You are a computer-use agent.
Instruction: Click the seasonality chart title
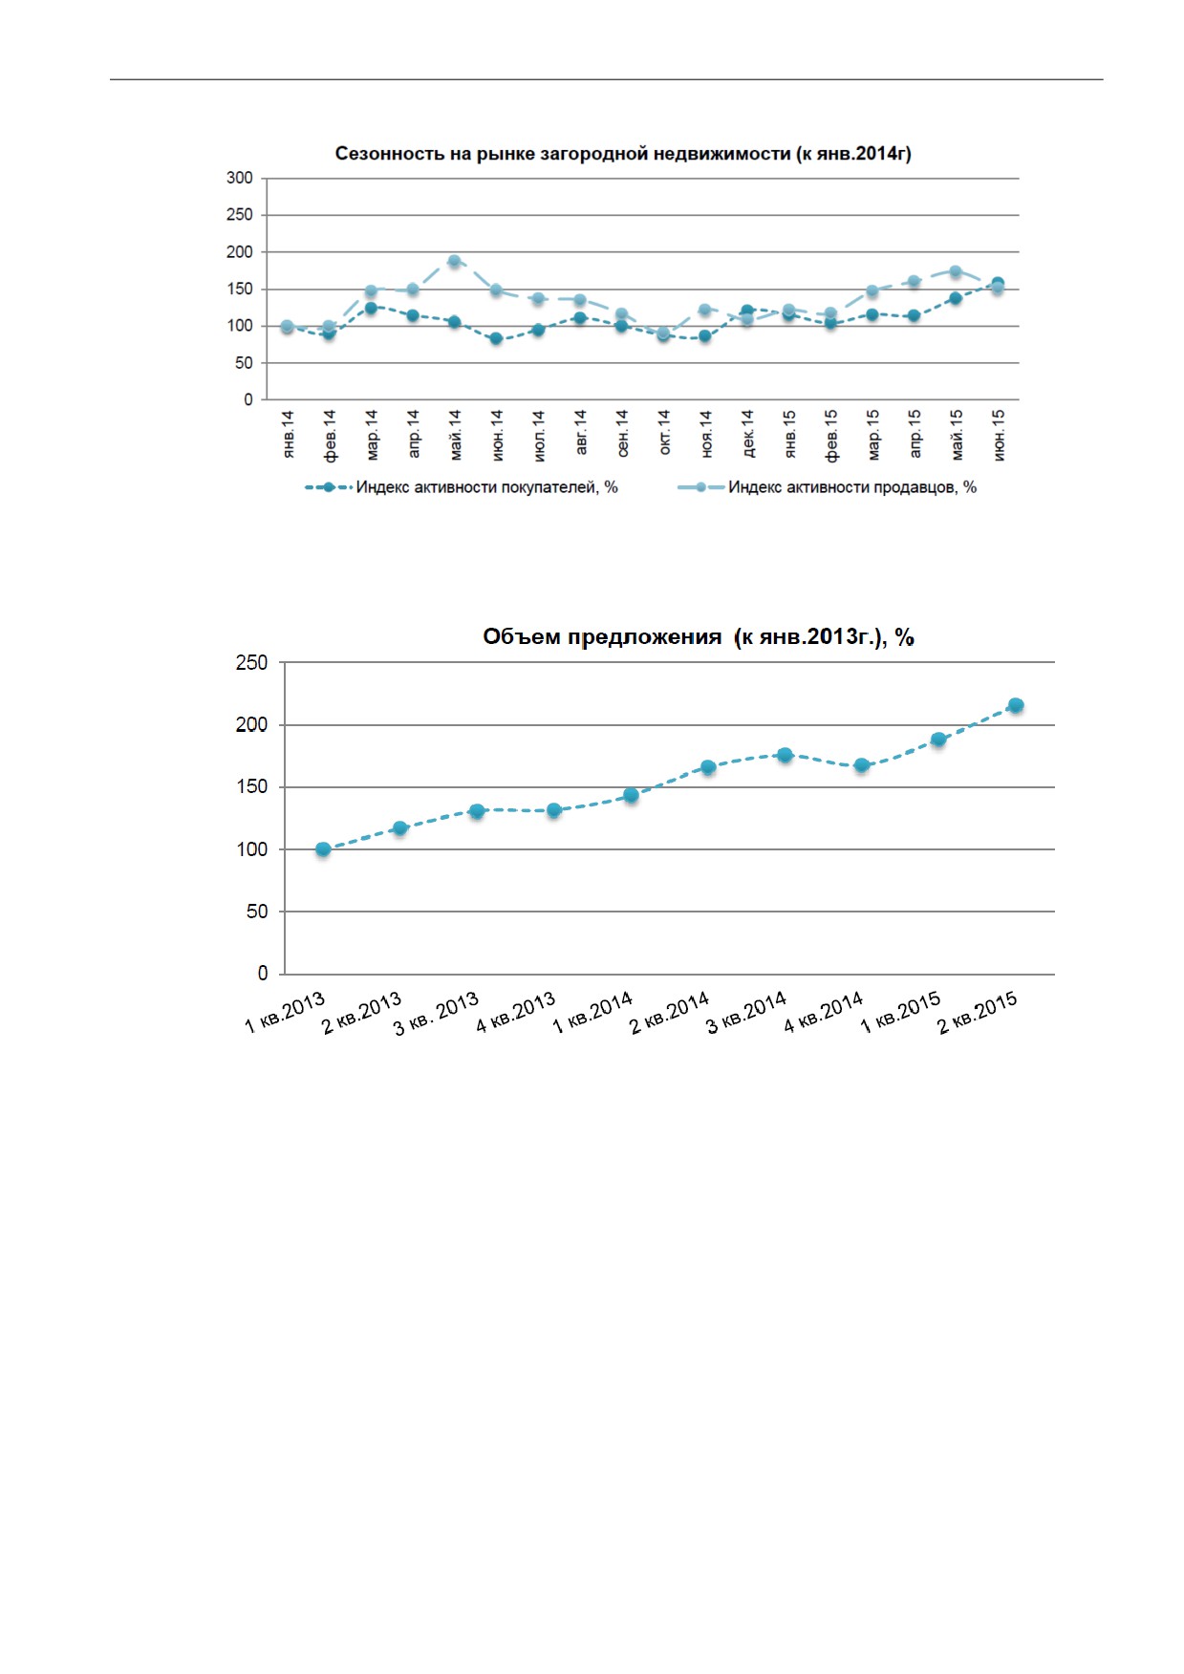623,154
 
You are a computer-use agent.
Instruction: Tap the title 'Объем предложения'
602,637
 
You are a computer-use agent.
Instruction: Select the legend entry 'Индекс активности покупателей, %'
463,487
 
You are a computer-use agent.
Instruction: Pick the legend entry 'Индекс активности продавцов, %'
828,487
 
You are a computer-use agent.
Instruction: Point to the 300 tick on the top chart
240,178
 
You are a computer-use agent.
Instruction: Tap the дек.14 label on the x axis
747,434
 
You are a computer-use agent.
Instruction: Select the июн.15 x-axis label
999,436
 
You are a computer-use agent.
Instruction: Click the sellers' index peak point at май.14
454,261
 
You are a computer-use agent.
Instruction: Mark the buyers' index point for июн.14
496,338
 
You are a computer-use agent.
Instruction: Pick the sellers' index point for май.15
955,271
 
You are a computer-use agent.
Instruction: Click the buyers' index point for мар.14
371,308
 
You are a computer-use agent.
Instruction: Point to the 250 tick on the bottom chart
252,663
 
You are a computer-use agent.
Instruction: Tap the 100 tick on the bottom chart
252,849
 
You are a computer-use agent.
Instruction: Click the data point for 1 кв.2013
323,849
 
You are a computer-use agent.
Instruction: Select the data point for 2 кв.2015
1016,705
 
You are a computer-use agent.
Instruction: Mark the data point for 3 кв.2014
785,755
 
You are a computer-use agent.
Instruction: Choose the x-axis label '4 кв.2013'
516,1013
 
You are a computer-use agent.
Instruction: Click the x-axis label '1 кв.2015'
900,1013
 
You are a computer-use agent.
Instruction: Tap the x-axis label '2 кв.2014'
670,1013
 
